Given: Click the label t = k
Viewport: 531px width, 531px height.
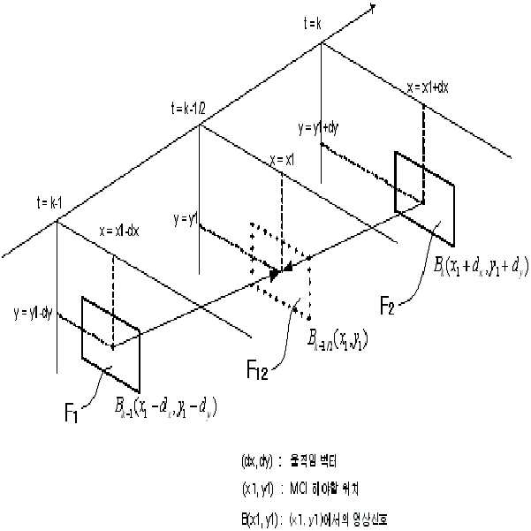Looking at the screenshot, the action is tap(314, 23).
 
